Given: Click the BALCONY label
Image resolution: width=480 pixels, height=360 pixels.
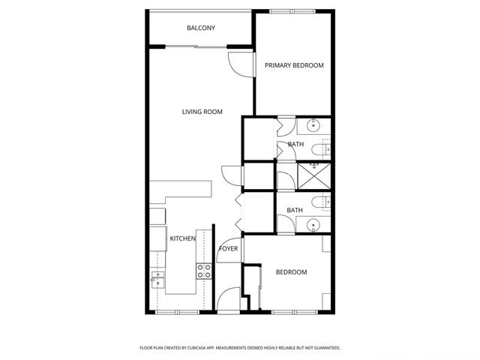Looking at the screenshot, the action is point(201,28).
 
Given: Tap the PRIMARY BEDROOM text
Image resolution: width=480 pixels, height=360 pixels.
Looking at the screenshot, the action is point(294,65).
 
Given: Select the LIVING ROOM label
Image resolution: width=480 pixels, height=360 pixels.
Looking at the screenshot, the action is point(202,112).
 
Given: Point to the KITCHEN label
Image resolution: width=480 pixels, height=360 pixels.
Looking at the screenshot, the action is point(182,238).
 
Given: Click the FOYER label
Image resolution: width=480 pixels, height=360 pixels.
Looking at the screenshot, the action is point(228,248).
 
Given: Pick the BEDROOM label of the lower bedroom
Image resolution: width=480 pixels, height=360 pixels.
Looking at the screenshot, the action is point(292,272).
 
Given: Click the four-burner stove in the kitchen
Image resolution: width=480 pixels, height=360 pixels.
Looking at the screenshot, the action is point(204,271).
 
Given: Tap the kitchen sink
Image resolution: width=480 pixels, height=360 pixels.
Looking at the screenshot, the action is point(157,280).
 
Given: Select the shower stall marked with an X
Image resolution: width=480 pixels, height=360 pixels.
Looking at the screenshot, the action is point(314,176).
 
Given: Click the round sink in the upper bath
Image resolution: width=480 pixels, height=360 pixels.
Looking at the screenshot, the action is point(313,125).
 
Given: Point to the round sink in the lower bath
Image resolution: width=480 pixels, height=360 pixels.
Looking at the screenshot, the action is point(313,225).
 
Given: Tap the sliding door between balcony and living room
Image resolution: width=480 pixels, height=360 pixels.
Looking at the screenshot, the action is point(196,46).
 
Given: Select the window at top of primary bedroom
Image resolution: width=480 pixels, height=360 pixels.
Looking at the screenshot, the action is point(292,12).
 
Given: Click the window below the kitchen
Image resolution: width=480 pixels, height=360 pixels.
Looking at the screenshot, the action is point(178,312).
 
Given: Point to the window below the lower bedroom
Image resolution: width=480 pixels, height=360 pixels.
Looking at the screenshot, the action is point(295,312).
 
